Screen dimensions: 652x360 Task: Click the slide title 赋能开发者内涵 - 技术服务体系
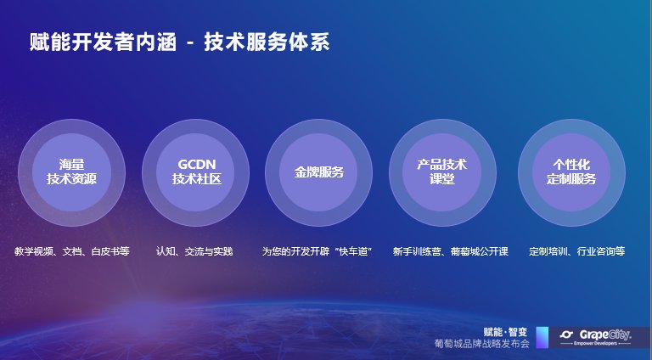pos(180,42)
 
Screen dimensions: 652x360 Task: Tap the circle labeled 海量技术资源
pos(71,172)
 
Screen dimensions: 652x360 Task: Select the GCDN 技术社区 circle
pos(195,172)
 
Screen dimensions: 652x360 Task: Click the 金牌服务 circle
pos(319,172)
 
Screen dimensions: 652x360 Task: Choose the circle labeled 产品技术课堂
pos(442,172)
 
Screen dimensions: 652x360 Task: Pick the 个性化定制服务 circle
pos(571,172)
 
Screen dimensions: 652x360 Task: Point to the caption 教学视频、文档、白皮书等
pos(72,251)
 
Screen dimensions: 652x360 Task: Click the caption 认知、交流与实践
pos(194,251)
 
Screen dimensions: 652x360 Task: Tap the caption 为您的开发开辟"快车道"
pos(317,251)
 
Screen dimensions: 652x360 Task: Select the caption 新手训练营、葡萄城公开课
pos(451,251)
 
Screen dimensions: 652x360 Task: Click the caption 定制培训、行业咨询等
pos(577,251)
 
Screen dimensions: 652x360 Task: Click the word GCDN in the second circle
pos(197,164)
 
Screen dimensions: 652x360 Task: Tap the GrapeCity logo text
pos(605,335)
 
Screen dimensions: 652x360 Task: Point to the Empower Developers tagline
pos(595,343)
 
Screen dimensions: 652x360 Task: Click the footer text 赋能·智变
pos(505,332)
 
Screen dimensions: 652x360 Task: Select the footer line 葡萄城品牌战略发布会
pos(482,343)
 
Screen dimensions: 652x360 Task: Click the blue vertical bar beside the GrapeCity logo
pos(542,337)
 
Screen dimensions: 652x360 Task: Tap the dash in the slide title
pos(190,43)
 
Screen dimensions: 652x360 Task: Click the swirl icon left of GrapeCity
pos(567,335)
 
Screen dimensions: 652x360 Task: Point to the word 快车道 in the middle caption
pos(353,251)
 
